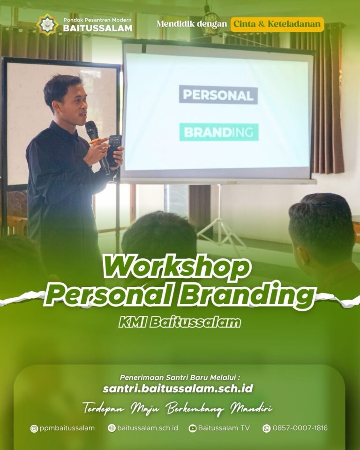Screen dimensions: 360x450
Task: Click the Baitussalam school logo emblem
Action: click(47, 24)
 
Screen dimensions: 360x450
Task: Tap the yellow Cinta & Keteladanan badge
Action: click(277, 24)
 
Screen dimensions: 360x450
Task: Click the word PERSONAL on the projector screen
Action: click(218, 95)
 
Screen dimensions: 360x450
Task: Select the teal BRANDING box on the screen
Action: click(219, 132)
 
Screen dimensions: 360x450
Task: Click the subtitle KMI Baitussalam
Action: click(180, 322)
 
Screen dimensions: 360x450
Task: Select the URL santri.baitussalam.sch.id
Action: click(178, 389)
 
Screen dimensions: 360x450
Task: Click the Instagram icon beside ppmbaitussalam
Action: click(34, 428)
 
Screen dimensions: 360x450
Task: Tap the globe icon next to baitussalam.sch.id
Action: click(112, 428)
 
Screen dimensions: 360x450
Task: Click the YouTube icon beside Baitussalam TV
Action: click(192, 428)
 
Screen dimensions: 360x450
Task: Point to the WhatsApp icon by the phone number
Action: click(266, 428)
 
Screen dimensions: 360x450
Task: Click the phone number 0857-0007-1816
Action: click(300, 428)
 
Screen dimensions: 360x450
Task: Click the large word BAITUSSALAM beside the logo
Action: click(97, 28)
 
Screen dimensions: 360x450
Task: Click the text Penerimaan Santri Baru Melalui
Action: click(180, 377)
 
